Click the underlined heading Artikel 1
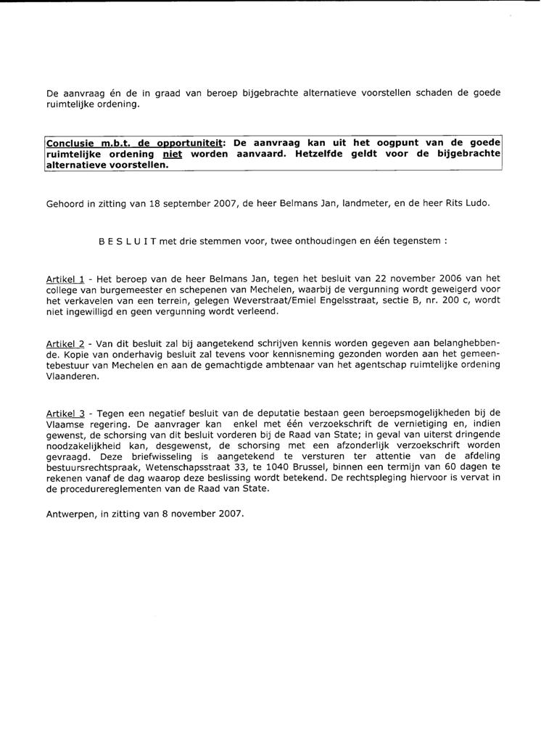(65, 279)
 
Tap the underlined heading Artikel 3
(65, 413)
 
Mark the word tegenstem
(416, 243)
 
